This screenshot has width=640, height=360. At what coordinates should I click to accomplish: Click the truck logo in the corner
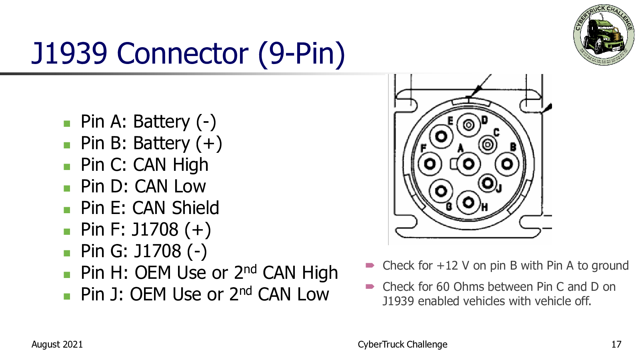tap(604, 35)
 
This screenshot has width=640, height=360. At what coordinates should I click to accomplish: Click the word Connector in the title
tap(182, 54)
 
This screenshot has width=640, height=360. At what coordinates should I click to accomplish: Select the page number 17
tap(616, 344)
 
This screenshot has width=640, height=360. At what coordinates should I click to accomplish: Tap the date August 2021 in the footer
tap(57, 344)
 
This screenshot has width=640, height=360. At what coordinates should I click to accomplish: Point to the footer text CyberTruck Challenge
tap(402, 344)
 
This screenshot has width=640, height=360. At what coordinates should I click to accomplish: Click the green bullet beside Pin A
tap(67, 124)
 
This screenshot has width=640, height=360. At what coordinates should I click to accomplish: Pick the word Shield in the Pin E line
tap(196, 208)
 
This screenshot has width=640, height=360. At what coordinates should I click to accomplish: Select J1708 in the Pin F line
tap(155, 230)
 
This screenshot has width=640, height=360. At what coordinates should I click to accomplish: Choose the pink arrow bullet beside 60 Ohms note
tap(370, 286)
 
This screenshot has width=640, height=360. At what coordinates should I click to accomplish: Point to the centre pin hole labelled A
tap(468, 164)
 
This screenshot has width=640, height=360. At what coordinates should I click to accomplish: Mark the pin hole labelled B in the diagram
tap(507, 164)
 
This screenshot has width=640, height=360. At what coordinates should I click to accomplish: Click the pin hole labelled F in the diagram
tap(430, 164)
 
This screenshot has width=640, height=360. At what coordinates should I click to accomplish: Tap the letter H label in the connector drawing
tap(484, 207)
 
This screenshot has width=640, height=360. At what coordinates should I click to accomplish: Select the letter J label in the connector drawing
tap(499, 188)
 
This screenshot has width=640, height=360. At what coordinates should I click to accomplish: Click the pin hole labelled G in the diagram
tap(441, 191)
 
